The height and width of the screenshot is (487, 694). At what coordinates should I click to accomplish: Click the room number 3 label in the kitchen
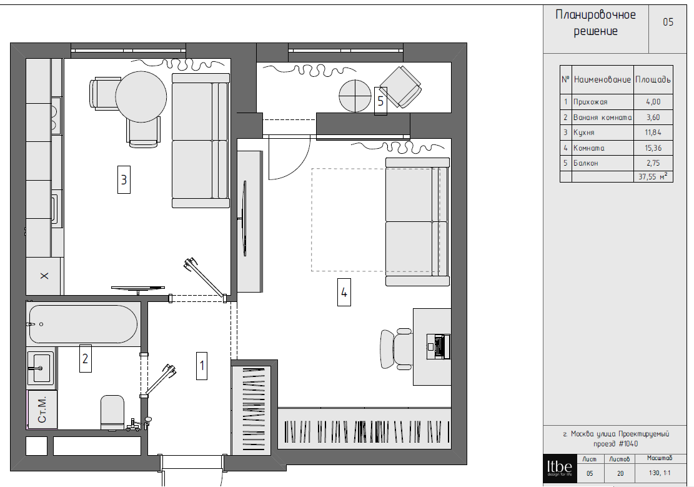pyautogui.click(x=124, y=179)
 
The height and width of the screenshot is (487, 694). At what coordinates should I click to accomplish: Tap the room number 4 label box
pyautogui.click(x=344, y=293)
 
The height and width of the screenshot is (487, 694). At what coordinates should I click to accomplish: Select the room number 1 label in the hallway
pyautogui.click(x=202, y=366)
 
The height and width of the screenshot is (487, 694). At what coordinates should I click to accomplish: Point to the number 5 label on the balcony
pyautogui.click(x=380, y=101)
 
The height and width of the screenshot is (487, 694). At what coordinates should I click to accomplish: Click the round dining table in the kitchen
pyautogui.click(x=141, y=96)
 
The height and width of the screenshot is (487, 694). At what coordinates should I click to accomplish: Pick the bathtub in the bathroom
pyautogui.click(x=83, y=324)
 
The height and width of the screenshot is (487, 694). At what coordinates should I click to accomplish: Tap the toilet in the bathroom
pyautogui.click(x=112, y=413)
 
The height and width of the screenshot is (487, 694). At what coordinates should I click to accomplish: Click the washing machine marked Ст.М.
pyautogui.click(x=42, y=409)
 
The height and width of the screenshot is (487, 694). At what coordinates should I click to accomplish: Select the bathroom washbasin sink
pyautogui.click(x=41, y=368)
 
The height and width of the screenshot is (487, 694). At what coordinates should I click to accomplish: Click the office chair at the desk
pyautogui.click(x=396, y=348)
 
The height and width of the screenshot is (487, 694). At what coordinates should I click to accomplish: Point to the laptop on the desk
pyautogui.click(x=439, y=346)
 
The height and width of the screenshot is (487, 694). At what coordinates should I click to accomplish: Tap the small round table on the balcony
pyautogui.click(x=355, y=96)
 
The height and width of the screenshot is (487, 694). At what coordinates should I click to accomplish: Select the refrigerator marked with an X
pyautogui.click(x=44, y=276)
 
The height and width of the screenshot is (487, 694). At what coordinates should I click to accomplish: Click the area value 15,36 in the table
pyautogui.click(x=653, y=148)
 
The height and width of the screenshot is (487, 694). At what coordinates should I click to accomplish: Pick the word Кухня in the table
pyautogui.click(x=584, y=133)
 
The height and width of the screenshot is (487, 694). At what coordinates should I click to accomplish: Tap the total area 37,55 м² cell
pyautogui.click(x=653, y=176)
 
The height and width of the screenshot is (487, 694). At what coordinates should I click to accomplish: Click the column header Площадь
pyautogui.click(x=653, y=80)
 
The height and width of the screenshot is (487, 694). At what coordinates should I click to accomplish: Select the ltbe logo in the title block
pyautogui.click(x=560, y=468)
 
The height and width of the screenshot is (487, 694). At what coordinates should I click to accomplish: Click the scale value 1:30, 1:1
pyautogui.click(x=660, y=473)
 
